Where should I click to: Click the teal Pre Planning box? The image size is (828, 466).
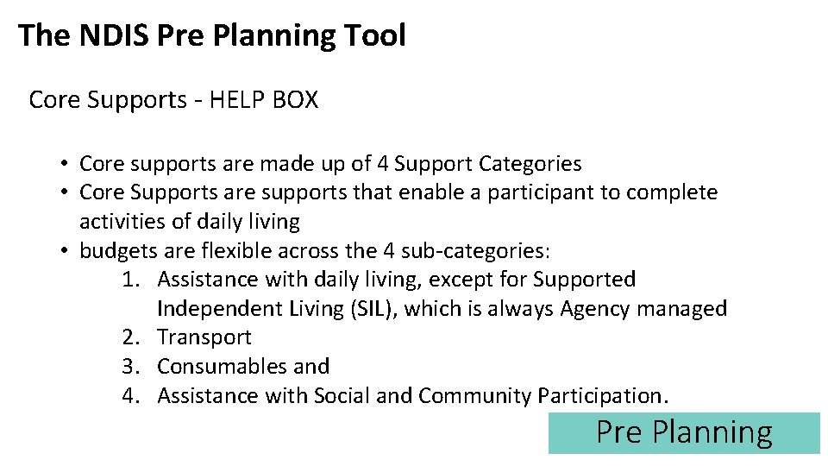pyautogui.click(x=684, y=432)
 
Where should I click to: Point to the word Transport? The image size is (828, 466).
pyautogui.click(x=204, y=337)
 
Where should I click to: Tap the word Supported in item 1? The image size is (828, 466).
pyautogui.click(x=584, y=280)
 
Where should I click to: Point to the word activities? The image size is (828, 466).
pyautogui.click(x=122, y=222)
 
